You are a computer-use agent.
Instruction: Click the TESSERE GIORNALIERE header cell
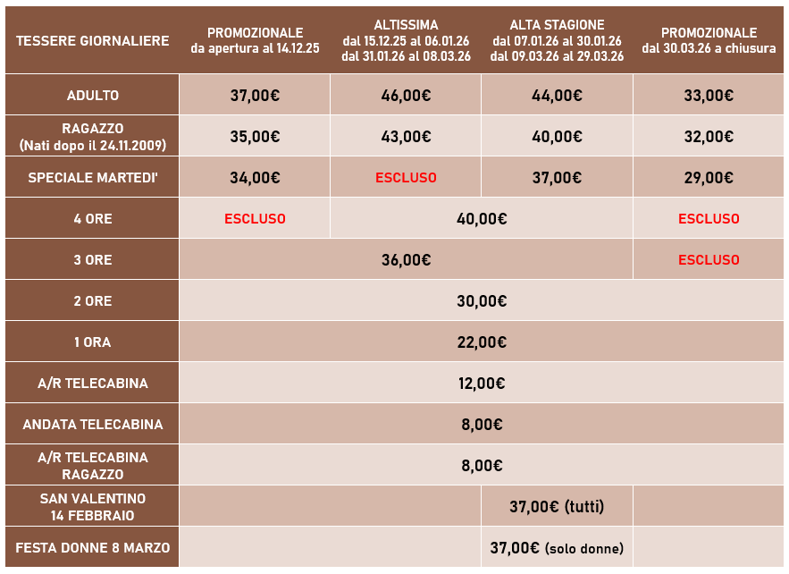point(93,40)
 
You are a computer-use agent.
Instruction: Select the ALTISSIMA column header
point(407,40)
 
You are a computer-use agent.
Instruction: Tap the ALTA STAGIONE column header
point(557,40)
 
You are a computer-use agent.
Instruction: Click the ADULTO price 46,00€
point(406,96)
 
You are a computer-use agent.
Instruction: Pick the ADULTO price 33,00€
point(709,96)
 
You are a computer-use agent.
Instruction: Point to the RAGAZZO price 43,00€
point(406,137)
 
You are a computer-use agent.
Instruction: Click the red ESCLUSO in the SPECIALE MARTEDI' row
point(406,178)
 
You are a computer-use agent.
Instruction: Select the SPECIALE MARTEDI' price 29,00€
point(709,178)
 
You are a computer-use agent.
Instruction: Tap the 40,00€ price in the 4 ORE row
point(482,219)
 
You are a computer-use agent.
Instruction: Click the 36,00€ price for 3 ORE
point(406,260)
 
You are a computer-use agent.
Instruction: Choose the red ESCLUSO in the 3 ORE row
point(709,260)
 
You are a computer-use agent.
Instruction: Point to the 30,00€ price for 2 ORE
point(482,301)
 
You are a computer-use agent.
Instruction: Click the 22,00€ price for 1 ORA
point(482,342)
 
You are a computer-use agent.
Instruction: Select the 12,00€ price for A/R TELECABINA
point(482,384)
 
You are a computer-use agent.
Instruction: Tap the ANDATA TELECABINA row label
point(93,425)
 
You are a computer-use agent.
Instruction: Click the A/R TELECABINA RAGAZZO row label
point(93,465)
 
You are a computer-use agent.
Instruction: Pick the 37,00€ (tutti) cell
point(557,507)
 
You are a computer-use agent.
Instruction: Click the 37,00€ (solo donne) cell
point(557,548)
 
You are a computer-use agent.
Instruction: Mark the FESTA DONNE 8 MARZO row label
point(93,548)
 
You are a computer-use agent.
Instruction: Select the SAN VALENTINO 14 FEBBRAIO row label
point(93,507)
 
